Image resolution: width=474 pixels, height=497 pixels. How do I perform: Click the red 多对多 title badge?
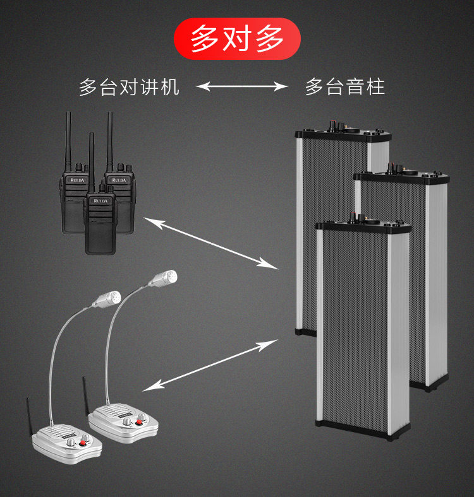pos(237,39)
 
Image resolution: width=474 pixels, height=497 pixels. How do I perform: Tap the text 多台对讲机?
pos(129,87)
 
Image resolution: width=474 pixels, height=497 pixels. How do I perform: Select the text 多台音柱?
pos(344,87)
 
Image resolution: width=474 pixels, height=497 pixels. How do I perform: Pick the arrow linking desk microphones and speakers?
pos(211,365)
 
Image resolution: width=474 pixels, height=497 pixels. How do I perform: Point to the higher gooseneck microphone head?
pos(167,277)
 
